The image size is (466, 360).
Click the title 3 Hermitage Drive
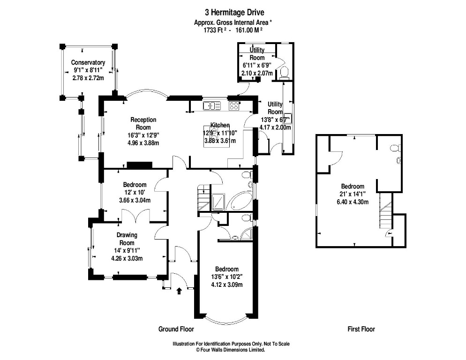point(234,13)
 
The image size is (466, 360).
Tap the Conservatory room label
point(88,62)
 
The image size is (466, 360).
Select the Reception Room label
point(143,123)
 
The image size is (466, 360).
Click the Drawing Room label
point(127,239)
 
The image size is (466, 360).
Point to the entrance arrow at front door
point(179,291)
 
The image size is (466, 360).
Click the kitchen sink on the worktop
point(212,105)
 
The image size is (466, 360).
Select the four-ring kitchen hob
point(234,105)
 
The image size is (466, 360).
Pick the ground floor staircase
point(203,197)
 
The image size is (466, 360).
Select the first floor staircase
point(386,210)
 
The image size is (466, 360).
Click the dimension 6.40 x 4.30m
point(353,202)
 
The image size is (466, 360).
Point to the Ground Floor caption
point(176,329)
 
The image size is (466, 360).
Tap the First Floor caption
point(361,329)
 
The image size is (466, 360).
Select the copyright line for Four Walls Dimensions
point(230,350)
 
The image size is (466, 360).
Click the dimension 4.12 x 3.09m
point(227,285)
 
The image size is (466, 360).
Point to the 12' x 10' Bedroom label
point(135,192)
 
